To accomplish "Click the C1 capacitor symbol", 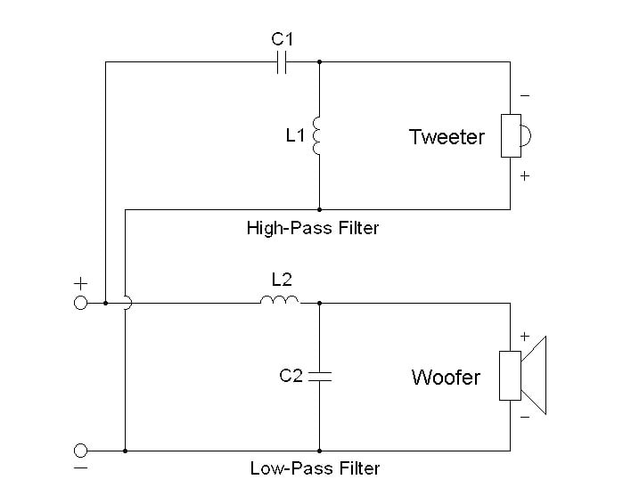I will pos(282,62).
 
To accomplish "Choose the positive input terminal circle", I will pos(80,303).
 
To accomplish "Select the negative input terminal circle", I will pos(80,451).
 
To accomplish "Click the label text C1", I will pos(282,38).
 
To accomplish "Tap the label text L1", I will pos(296,136).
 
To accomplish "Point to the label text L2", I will pos(281,279).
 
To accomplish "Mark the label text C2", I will pos(291,376).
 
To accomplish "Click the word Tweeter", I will pos(447,137).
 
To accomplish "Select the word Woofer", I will pos(446,378).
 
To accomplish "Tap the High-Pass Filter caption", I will pos(313,228).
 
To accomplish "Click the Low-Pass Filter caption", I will pos(315,468).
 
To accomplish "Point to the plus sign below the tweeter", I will pos(525,176).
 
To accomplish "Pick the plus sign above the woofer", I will pos(525,337).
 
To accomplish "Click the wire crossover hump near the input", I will pos(127,303).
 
